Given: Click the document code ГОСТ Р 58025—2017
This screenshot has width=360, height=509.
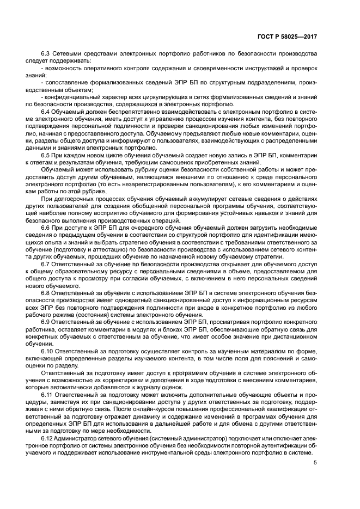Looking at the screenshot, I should pyautogui.click(x=287, y=36).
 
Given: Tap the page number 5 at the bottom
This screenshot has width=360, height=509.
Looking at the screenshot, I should pyautogui.click(x=315, y=463).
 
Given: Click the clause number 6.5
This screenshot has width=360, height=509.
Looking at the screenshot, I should pyautogui.click(x=46, y=155).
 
